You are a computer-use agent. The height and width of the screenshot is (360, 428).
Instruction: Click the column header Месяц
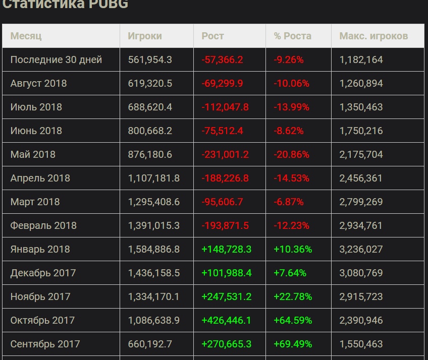tap(26, 36)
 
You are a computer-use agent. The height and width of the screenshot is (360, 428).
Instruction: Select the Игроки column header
tap(145, 36)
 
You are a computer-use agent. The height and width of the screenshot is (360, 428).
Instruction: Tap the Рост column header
tap(212, 36)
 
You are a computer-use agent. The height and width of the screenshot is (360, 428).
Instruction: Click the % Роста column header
tap(293, 36)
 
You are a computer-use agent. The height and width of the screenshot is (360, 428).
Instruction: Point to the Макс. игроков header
tap(373, 36)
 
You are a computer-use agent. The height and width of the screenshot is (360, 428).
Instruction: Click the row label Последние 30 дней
tap(56, 59)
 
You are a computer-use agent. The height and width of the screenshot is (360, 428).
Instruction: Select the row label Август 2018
tap(38, 83)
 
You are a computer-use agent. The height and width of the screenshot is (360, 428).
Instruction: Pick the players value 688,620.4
tap(150, 107)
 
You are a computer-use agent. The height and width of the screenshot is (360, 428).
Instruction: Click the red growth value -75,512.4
tap(222, 131)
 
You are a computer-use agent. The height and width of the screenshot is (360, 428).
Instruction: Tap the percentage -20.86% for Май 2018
tap(291, 154)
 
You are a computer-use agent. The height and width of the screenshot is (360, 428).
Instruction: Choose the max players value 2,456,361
tap(361, 178)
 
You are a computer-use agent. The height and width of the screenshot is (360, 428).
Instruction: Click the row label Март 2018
tap(35, 202)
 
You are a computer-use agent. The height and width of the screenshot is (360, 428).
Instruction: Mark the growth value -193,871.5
tap(225, 225)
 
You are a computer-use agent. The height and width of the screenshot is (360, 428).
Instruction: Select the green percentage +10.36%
tap(293, 249)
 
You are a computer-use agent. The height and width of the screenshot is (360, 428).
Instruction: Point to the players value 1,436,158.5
tap(154, 273)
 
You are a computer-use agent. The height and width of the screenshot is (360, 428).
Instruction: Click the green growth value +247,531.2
tap(227, 296)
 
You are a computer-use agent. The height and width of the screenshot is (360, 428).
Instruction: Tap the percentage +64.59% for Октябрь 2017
tap(293, 320)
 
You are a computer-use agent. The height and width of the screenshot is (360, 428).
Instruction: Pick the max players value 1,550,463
tap(361, 344)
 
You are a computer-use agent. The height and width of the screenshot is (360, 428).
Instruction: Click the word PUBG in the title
tap(108, 5)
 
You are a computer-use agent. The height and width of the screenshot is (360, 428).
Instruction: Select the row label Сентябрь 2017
tap(45, 344)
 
